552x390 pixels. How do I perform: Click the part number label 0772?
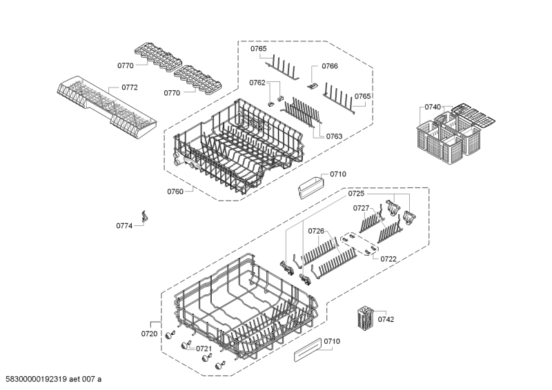click(130, 88)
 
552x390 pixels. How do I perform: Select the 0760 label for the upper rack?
click(175, 192)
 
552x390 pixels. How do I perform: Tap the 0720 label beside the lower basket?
click(150, 333)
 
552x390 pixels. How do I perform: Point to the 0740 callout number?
click(433, 107)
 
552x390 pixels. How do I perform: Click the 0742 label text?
click(386, 319)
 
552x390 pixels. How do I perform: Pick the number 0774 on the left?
click(124, 225)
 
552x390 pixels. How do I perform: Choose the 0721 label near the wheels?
click(204, 349)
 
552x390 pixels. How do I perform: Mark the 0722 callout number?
click(388, 259)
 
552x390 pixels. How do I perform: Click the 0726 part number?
click(316, 231)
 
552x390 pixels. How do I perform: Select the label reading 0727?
click(362, 207)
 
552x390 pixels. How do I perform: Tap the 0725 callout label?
click(356, 195)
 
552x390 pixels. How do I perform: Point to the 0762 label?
click(257, 83)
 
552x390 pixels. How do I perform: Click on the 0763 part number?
click(334, 136)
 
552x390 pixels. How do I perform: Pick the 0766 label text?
click(330, 66)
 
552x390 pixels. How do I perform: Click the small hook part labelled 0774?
click(145, 216)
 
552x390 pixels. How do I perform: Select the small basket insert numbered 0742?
click(364, 319)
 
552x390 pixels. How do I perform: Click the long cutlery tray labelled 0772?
click(103, 107)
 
